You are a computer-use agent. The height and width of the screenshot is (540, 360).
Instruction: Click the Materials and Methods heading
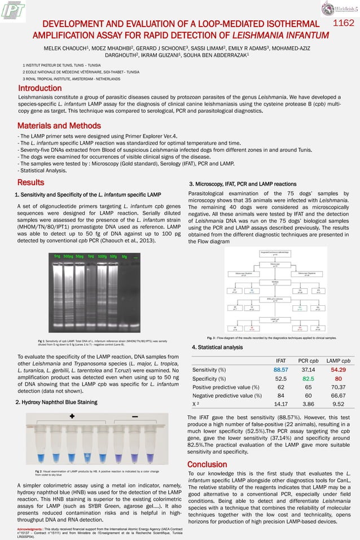click(x=59, y=125)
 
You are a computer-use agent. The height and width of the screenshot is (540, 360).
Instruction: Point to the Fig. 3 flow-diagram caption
click(x=272, y=337)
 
